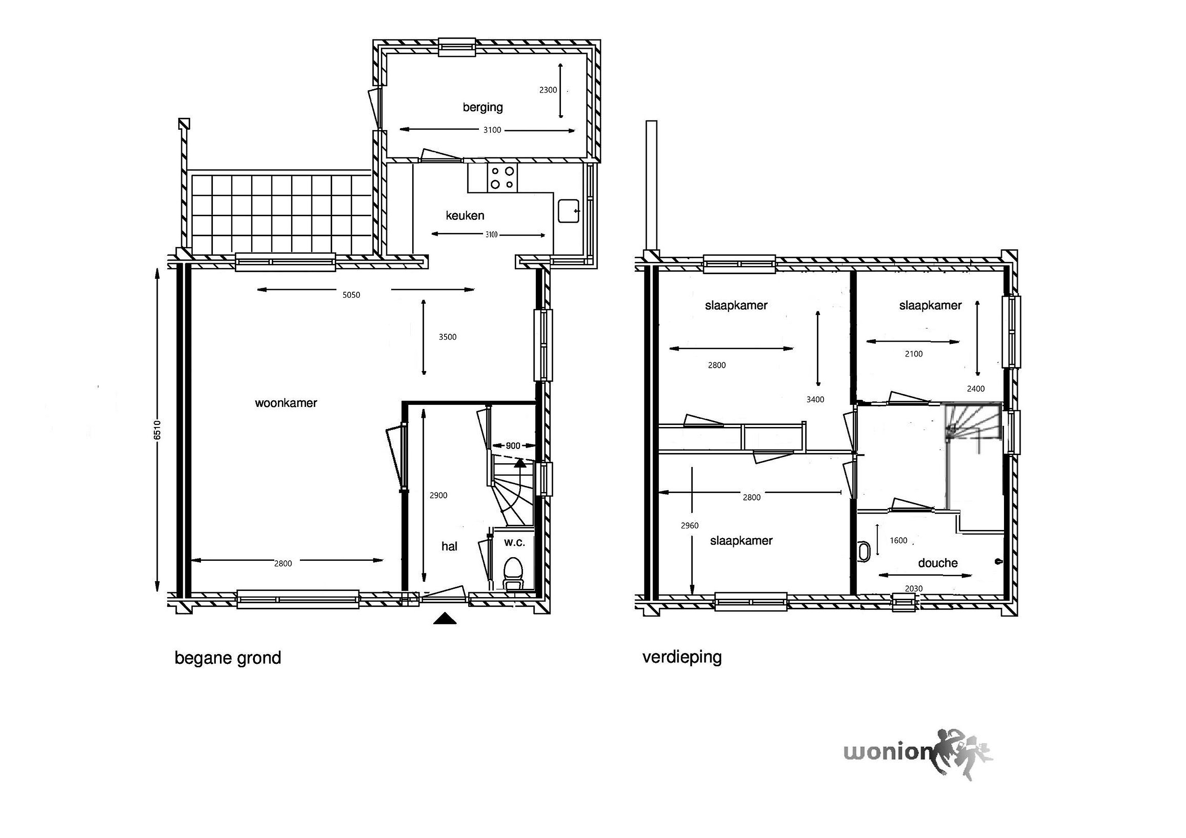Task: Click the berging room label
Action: click(x=483, y=107)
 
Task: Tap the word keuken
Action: click(x=465, y=215)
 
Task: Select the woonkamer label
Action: click(x=286, y=403)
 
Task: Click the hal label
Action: click(x=449, y=546)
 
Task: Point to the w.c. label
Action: click(x=514, y=542)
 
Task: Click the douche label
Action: click(x=938, y=563)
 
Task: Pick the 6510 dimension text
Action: click(x=158, y=430)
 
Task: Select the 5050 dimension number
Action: click(x=351, y=295)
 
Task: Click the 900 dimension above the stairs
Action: click(x=513, y=445)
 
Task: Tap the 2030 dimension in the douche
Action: click(x=914, y=588)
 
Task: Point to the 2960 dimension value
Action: click(x=690, y=525)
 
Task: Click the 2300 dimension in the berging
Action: click(x=548, y=90)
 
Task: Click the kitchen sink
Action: click(x=569, y=211)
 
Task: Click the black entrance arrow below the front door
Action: click(x=445, y=619)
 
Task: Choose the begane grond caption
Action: click(x=228, y=658)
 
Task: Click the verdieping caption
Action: click(x=682, y=657)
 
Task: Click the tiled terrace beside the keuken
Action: click(x=282, y=213)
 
